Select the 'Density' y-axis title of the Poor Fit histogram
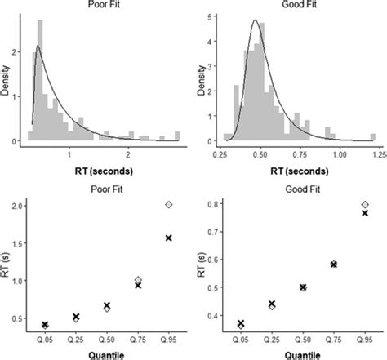[x=7, y=82]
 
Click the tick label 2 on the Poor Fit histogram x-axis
[x=128, y=153]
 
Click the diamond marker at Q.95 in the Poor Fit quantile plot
[x=169, y=204]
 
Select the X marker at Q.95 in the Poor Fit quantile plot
[x=169, y=238]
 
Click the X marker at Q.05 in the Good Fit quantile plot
[x=239, y=324]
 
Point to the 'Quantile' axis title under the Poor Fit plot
[x=106, y=354]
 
